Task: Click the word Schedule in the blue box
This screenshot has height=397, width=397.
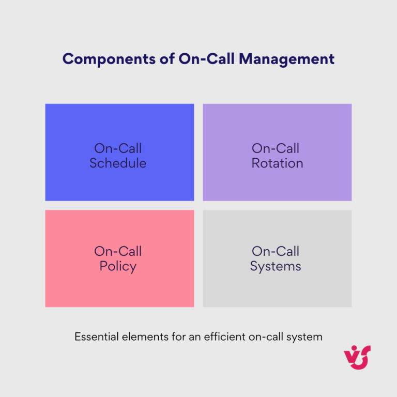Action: [118, 163]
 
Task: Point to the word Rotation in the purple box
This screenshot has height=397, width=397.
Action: [277, 163]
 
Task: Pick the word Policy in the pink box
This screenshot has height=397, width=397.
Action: [118, 267]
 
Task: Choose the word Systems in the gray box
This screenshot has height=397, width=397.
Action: [276, 267]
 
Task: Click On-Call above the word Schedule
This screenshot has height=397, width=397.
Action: [118, 148]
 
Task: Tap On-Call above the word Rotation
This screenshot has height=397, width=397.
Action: [276, 148]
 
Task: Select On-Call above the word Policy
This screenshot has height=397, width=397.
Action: [118, 252]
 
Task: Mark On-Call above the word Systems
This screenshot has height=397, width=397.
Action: [276, 252]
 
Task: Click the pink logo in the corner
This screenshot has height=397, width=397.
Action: [357, 357]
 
